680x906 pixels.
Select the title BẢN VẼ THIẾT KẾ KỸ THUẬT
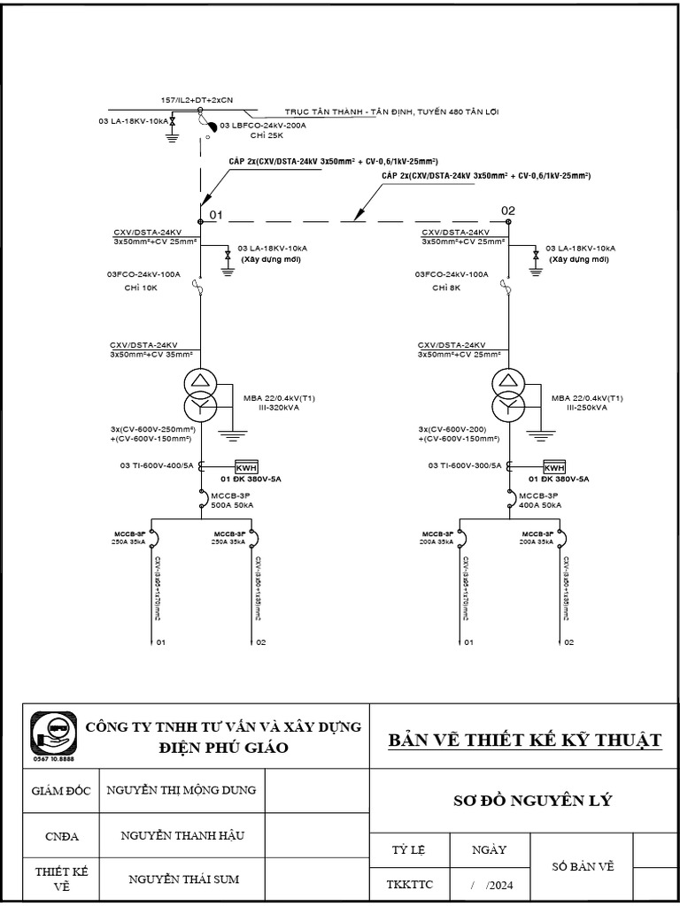pos(524,739)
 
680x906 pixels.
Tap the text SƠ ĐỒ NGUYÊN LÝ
pos(527,802)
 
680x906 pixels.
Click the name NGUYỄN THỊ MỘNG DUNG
pos(181,790)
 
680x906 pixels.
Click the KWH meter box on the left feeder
pos(246,467)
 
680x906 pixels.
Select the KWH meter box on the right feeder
pos(554,467)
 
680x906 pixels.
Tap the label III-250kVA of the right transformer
pos(584,408)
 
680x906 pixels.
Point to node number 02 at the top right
pos(508,211)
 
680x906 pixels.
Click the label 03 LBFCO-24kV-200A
pos(263,126)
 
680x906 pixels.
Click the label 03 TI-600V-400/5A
pos(151,465)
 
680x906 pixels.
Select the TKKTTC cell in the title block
pos(406,883)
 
